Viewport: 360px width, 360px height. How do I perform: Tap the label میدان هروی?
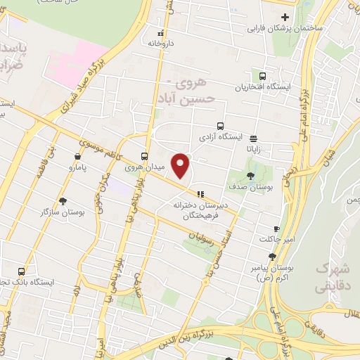click(124, 167)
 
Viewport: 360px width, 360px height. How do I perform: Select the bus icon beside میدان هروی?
click(144, 156)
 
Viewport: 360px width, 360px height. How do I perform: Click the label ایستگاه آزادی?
click(221, 136)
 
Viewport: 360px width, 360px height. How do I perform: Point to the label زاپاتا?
click(253, 150)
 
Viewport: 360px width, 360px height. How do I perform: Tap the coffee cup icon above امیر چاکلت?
click(276, 229)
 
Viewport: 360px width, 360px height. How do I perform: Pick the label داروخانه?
click(160, 44)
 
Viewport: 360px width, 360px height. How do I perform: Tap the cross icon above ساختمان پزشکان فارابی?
click(285, 17)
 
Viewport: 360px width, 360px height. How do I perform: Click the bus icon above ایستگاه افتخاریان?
click(263, 76)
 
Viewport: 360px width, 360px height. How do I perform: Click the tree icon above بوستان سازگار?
click(63, 200)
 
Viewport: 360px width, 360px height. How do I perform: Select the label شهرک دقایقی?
click(331, 277)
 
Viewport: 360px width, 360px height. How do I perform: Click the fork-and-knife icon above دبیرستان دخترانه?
click(202, 193)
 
